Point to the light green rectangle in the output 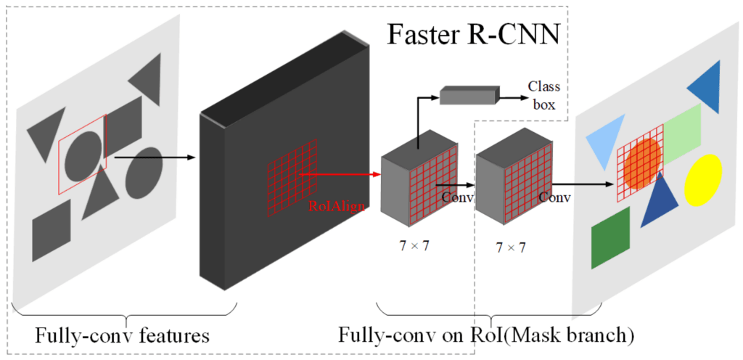pyautogui.click(x=682, y=131)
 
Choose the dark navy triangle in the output pyautogui.click(x=660, y=201)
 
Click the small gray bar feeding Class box pyautogui.click(x=469, y=94)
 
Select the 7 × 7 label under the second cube pyautogui.click(x=510, y=247)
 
